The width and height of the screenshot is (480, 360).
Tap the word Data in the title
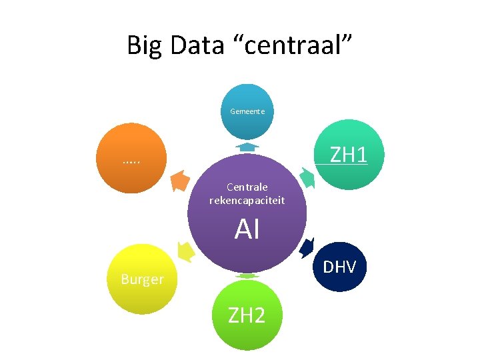(x=196, y=45)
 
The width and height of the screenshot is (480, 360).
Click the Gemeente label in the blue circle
(x=247, y=111)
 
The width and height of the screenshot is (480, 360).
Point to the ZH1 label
(x=349, y=155)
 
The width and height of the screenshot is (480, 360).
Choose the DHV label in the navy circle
(x=340, y=267)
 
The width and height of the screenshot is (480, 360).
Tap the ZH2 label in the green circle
(x=247, y=315)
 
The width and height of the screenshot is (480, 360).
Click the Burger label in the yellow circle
(x=142, y=279)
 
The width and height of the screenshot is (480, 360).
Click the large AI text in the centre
(x=247, y=230)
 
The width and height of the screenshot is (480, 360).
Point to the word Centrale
(x=247, y=187)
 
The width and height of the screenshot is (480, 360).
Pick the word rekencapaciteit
(x=247, y=200)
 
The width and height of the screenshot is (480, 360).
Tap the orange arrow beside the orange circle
(x=179, y=180)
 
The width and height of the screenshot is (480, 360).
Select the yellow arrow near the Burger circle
(x=186, y=251)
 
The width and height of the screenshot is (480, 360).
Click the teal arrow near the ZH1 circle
(x=307, y=178)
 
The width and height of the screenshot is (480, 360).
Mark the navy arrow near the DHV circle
(x=307, y=247)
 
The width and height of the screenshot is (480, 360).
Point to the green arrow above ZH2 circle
(x=247, y=275)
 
